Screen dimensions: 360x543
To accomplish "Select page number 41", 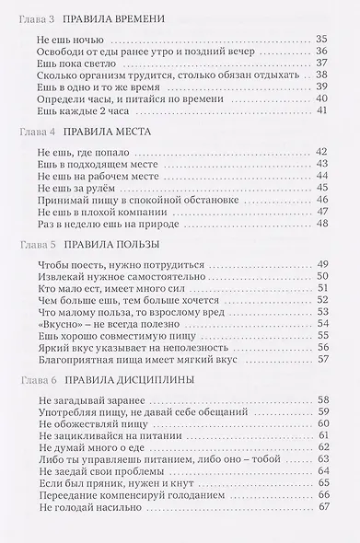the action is click(321, 110).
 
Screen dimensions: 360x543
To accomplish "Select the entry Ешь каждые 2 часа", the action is click(84, 110).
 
